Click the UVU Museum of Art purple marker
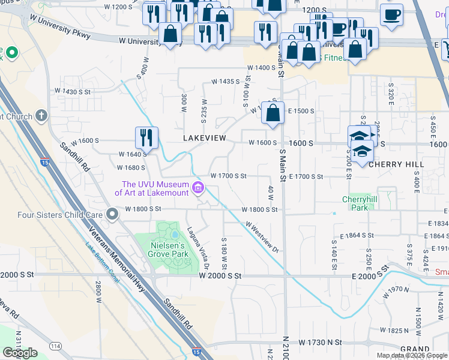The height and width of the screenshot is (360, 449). (x=197, y=189)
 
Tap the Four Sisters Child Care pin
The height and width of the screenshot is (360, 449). (x=112, y=214)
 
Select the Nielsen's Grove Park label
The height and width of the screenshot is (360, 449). (x=169, y=250)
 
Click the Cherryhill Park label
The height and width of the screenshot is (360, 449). (x=358, y=203)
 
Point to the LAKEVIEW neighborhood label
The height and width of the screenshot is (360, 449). (x=205, y=138)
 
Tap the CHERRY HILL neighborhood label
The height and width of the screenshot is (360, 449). (x=396, y=164)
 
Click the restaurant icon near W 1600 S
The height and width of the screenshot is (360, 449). (x=146, y=137)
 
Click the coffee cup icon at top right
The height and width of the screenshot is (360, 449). (x=391, y=14)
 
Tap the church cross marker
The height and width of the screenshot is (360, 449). (x=41, y=115)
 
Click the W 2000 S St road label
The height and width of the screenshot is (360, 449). (x=220, y=275)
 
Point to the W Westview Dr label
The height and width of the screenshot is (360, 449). (x=262, y=235)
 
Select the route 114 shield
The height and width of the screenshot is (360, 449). (x=56, y=346)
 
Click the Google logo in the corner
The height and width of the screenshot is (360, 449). (x=20, y=353)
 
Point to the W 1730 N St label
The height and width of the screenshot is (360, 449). (x=321, y=342)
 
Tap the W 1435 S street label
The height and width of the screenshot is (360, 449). (x=224, y=80)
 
